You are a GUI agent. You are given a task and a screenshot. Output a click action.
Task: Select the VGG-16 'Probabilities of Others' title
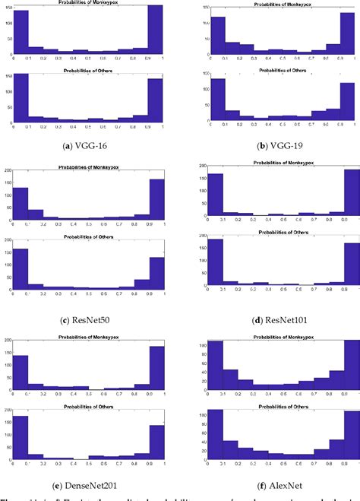(91, 69)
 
